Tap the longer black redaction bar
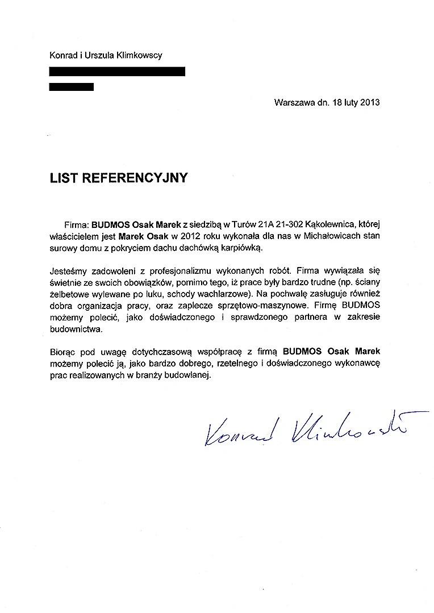point(117,72)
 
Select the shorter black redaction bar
point(72,87)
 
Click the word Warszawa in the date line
point(293,103)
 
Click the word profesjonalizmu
point(173,271)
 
